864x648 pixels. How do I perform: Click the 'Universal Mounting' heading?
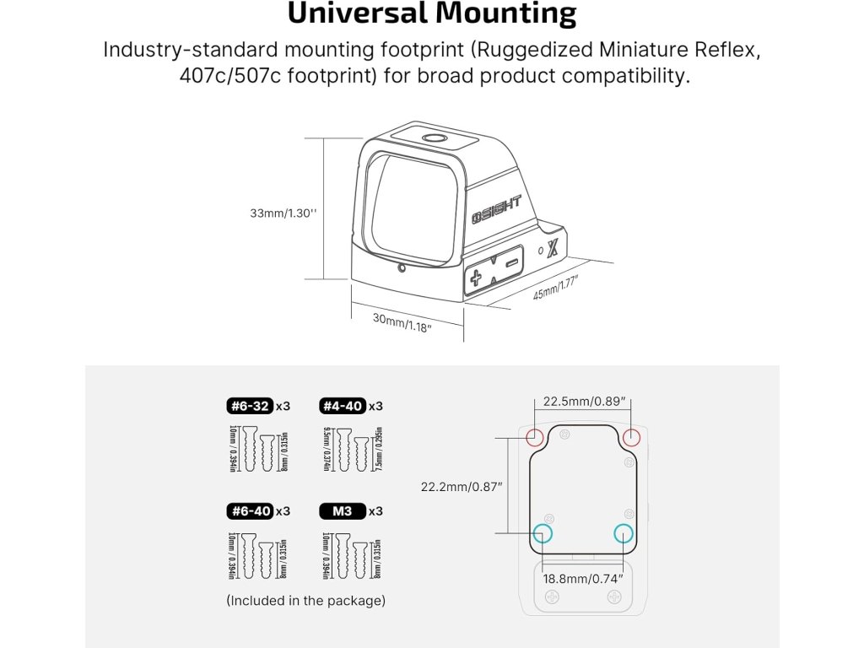tap(432, 14)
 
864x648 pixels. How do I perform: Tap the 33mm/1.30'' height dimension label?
tap(283, 213)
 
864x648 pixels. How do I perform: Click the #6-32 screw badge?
tap(249, 406)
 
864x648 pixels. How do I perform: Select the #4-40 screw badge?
tap(342, 406)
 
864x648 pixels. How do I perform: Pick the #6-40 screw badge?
tap(249, 510)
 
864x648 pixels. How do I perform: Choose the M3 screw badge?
tap(342, 510)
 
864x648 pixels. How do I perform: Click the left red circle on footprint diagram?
tap(535, 437)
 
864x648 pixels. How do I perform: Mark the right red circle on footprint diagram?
tap(632, 437)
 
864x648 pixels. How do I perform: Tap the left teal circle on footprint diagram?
tap(542, 533)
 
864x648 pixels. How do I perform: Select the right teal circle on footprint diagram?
tap(624, 533)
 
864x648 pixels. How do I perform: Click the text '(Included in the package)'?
tap(305, 601)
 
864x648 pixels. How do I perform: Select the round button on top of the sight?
tap(434, 138)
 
